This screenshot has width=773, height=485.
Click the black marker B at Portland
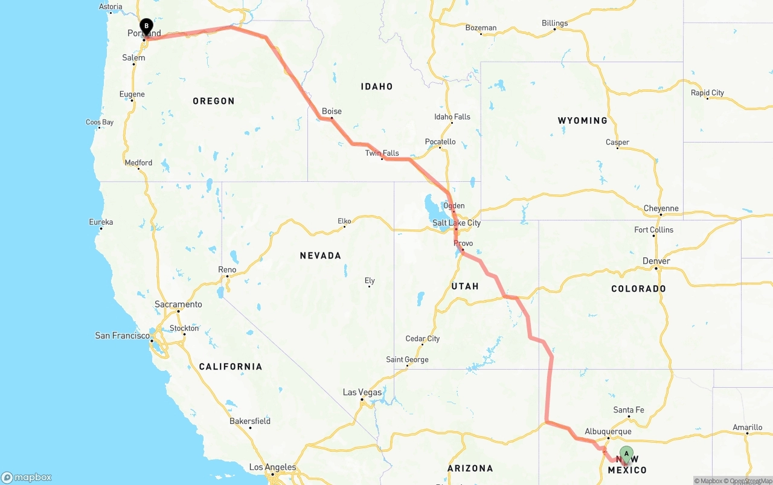click(146, 27)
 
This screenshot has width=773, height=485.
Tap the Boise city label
click(332, 111)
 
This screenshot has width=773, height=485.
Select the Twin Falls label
click(382, 153)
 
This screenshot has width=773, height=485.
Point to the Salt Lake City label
click(457, 223)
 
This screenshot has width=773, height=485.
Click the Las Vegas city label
click(362, 392)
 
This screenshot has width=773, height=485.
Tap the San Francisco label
click(122, 335)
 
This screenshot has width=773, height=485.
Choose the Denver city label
click(656, 261)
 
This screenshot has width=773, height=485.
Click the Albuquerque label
click(608, 431)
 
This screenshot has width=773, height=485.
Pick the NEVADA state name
click(321, 255)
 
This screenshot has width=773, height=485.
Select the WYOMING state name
click(582, 121)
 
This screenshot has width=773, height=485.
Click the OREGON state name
click(213, 101)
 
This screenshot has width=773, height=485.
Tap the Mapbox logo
click(27, 477)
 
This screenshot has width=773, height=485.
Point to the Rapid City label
click(707, 93)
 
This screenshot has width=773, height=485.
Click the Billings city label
click(554, 24)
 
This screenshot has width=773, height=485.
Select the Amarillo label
click(747, 428)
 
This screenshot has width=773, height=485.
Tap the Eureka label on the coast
click(101, 222)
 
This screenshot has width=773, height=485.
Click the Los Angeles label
click(272, 467)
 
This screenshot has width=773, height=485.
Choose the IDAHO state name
click(377, 86)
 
